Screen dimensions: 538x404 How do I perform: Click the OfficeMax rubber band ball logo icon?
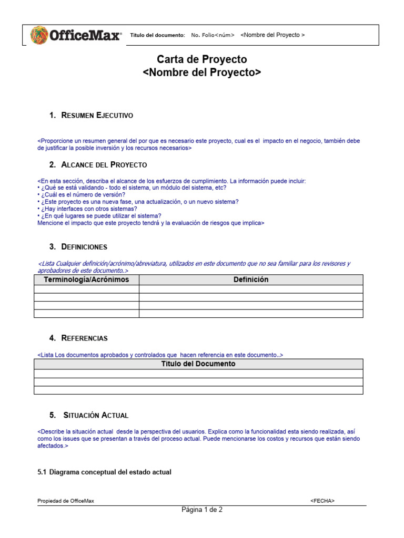click(39, 35)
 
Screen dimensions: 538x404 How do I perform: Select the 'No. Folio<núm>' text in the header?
click(213, 35)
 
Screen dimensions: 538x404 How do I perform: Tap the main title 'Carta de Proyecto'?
click(202, 59)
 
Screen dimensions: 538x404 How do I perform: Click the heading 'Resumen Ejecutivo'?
click(97, 115)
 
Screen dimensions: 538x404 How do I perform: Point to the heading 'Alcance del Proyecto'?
click(104, 165)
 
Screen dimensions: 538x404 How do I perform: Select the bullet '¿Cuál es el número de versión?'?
click(81, 195)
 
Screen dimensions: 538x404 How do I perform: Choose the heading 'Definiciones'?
click(84, 246)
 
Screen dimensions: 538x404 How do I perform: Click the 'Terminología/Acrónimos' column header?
click(86, 280)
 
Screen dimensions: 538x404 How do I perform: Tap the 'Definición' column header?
click(251, 280)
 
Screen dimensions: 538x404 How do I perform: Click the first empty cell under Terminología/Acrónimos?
click(86, 289)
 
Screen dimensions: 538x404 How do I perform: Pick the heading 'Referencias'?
click(84, 338)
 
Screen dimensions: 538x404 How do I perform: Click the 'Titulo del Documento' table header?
click(198, 364)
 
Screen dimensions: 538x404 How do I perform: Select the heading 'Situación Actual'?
click(95, 415)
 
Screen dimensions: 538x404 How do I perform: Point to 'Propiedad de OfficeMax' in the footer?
click(66, 501)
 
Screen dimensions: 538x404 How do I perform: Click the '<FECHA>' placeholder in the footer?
click(322, 501)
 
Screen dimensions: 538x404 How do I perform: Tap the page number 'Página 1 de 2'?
click(202, 510)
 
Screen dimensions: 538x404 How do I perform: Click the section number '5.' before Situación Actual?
click(53, 415)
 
